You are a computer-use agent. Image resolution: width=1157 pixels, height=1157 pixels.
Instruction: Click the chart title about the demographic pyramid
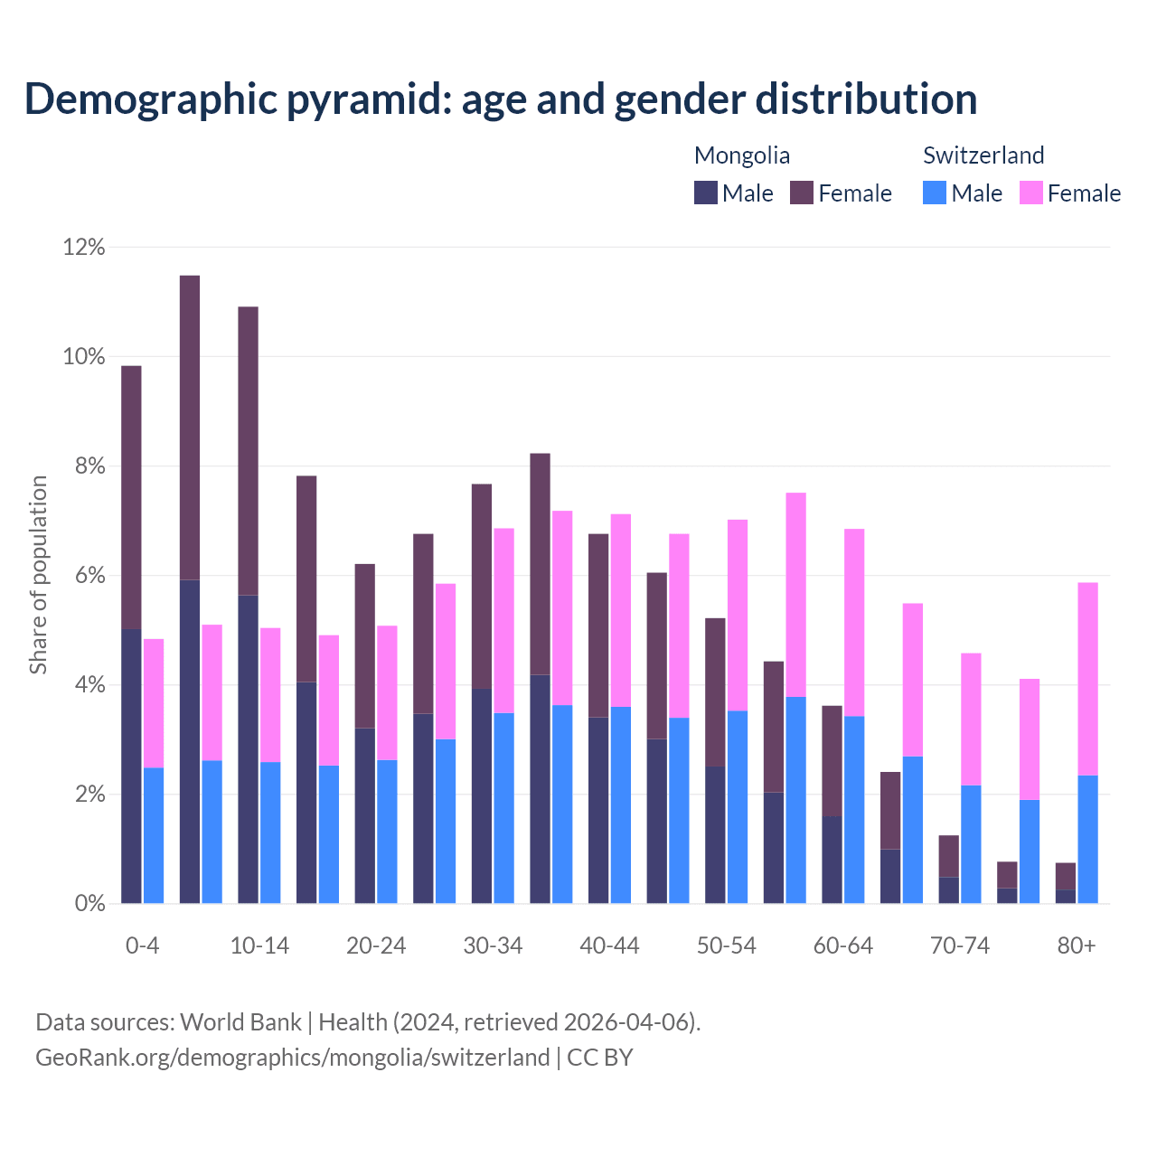[x=500, y=99]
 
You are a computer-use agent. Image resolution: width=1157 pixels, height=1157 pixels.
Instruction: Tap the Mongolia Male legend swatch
[x=706, y=193]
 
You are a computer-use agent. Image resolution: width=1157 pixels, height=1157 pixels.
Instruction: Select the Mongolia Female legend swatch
[x=802, y=193]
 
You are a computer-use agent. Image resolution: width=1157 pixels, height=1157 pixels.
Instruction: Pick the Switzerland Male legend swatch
[x=935, y=193]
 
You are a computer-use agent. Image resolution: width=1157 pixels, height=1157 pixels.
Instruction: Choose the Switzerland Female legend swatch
[x=1031, y=193]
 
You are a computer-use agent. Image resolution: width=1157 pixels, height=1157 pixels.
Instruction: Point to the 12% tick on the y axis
[x=84, y=247]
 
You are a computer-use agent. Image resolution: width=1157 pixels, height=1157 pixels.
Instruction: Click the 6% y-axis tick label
[x=84, y=576]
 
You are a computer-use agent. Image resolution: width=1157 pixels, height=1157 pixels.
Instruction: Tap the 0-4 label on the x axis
[x=142, y=945]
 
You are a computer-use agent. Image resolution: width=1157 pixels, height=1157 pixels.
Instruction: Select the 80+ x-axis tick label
[x=1077, y=945]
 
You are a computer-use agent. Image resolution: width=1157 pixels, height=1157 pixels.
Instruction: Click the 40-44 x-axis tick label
[x=609, y=945]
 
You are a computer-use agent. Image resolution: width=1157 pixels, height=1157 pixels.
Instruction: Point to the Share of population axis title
[x=38, y=575]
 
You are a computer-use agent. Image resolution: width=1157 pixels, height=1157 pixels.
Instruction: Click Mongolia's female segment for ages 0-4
[x=131, y=497]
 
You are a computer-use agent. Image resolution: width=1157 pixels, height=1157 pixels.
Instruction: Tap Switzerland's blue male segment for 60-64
[x=854, y=809]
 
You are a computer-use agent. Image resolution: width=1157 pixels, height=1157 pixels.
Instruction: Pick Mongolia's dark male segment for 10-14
[x=248, y=748]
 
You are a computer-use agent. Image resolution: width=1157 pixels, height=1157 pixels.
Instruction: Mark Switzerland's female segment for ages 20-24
[x=387, y=692]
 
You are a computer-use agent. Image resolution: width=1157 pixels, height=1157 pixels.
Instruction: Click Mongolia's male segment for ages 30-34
[x=482, y=795]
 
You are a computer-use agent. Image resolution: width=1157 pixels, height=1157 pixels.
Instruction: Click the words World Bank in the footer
[x=240, y=1022]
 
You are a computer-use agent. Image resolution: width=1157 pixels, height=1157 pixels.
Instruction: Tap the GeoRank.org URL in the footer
[x=292, y=1058]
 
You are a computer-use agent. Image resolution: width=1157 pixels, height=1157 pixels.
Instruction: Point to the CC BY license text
[x=600, y=1058]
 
